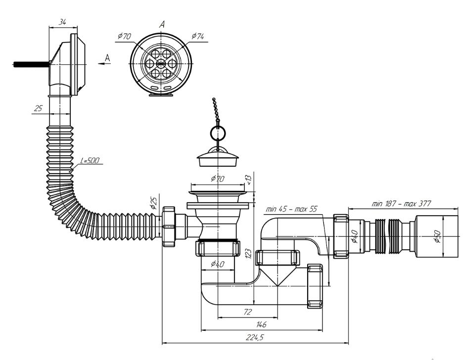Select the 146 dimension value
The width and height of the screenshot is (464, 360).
262,324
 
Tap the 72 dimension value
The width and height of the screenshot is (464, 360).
248,312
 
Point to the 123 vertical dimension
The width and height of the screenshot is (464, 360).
248,254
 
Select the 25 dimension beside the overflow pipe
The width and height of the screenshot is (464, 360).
38,108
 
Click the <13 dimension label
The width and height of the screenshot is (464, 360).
248,180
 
